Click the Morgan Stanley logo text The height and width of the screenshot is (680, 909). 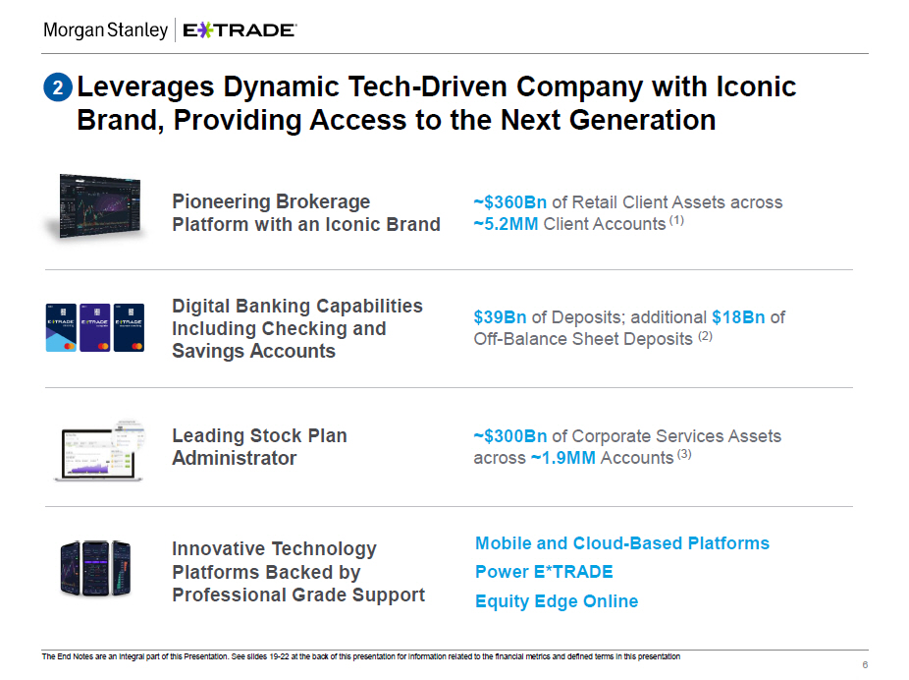pos(105,30)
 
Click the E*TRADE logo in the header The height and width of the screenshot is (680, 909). pos(240,30)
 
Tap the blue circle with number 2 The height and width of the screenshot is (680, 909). pos(58,87)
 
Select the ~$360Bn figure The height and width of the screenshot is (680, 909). pos(510,201)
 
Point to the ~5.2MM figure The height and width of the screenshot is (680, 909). pos(507,224)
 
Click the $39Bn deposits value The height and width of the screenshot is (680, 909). pos(500,317)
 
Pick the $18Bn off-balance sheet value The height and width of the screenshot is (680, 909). pos(738,317)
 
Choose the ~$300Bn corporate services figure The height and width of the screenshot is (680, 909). pos(510,435)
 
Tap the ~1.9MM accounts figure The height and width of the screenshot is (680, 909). pos(562,458)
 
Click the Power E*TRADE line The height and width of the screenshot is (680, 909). pos(544,572)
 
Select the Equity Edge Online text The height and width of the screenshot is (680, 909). pos(557,601)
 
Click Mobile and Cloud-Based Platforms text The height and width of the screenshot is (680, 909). pos(622,543)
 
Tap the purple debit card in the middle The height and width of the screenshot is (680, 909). pos(95,327)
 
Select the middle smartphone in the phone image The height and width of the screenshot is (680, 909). pos(95,569)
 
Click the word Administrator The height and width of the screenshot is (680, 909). pos(235,458)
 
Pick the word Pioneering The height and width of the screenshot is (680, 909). pos(221,201)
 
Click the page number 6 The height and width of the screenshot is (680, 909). pos(865,665)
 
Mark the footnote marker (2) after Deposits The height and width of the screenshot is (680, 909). pos(705,336)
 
